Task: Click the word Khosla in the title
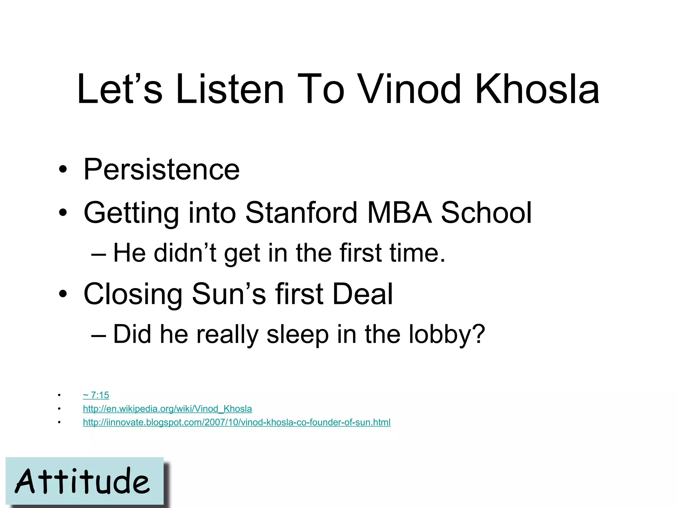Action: click(537, 89)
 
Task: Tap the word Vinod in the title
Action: click(410, 89)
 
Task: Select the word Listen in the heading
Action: click(230, 89)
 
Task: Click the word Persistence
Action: click(161, 169)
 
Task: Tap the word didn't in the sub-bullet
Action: click(185, 253)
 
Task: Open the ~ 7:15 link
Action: click(96, 395)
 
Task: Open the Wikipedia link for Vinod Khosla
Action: click(167, 409)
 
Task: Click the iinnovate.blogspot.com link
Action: click(237, 422)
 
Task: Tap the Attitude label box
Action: click(85, 481)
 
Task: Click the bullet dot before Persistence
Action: click(62, 170)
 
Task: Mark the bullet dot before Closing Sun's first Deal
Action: click(62, 294)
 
